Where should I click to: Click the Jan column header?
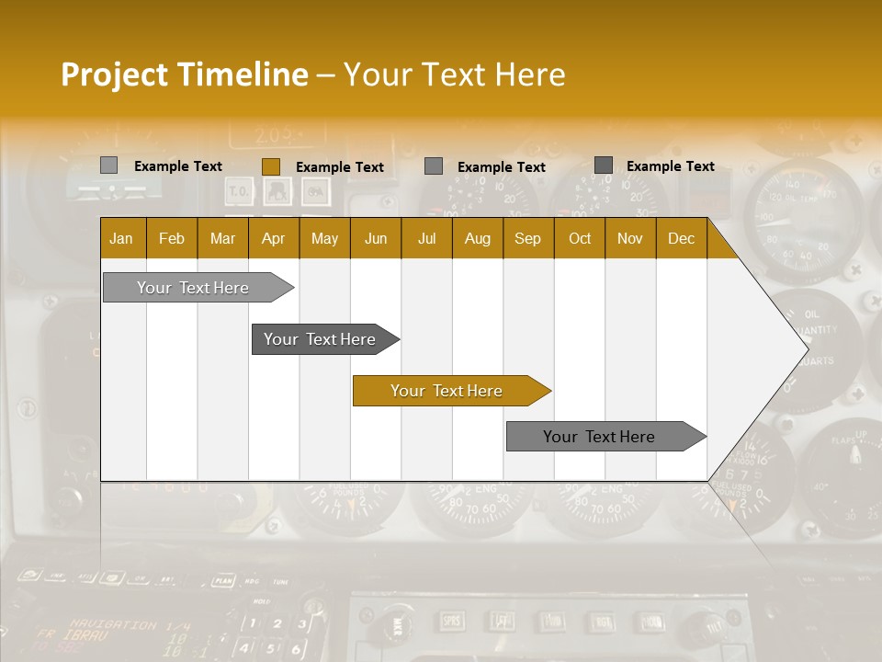[122, 238]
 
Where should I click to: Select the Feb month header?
[172, 238]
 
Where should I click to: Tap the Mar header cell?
[222, 238]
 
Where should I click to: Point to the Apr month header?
[274, 238]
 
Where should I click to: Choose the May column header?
[324, 238]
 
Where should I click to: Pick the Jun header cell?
[376, 238]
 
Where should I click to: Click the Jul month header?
[426, 238]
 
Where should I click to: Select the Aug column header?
[478, 238]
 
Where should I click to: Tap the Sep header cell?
[528, 238]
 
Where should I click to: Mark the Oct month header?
[580, 238]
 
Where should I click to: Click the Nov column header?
[630, 238]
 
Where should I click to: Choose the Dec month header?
[682, 238]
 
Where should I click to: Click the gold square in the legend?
[271, 166]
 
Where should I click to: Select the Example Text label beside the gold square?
[340, 166]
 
